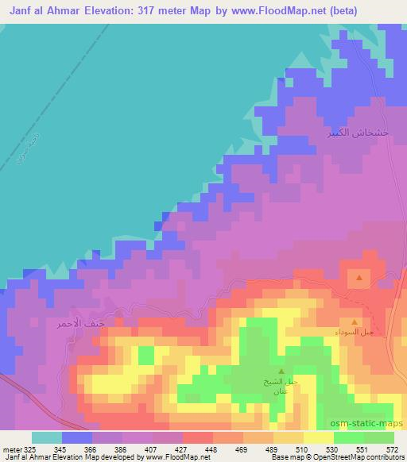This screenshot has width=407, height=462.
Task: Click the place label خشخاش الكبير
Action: [359, 134]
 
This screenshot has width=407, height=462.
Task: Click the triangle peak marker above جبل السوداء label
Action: [354, 322]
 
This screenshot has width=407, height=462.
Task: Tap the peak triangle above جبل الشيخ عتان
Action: [281, 371]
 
